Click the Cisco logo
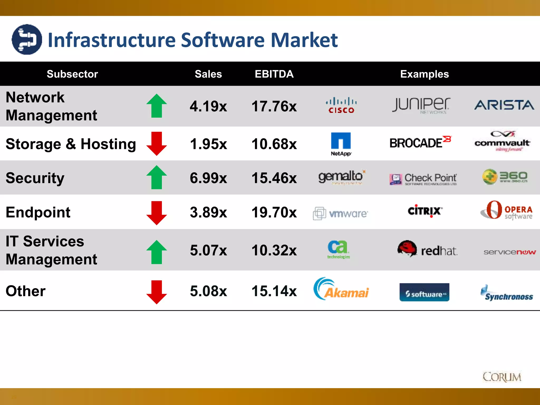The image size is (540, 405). tap(341, 105)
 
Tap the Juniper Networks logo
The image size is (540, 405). tap(421, 105)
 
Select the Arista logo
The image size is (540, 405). tap(504, 105)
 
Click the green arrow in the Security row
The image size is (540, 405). tap(157, 177)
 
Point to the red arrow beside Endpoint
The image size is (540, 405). tap(157, 213)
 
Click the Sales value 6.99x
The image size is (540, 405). tap(208, 178)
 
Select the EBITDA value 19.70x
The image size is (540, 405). tap(274, 212)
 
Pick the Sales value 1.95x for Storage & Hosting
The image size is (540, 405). tap(208, 144)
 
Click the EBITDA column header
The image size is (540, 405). tap(274, 74)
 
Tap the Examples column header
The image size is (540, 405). tap(424, 74)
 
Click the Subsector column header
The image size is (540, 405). tap(72, 74)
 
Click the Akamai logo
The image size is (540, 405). tap(341, 289)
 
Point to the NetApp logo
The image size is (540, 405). tap(341, 144)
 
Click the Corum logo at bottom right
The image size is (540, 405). tap(502, 377)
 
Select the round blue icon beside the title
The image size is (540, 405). tap(27, 40)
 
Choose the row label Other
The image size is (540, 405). tap(26, 291)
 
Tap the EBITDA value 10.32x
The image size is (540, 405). tap(274, 250)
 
